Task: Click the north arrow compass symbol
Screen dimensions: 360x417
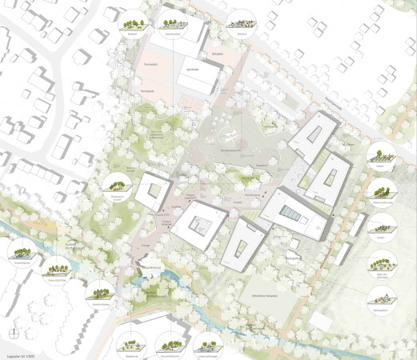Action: click(x=14, y=330)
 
